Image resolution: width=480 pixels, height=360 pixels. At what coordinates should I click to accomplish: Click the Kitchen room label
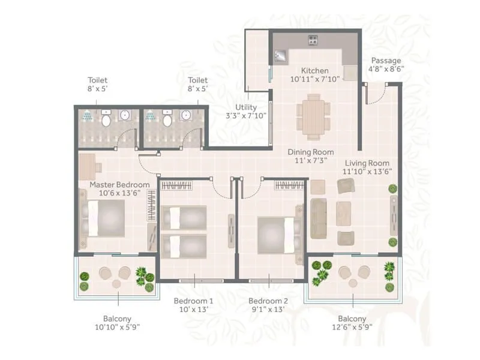(315, 70)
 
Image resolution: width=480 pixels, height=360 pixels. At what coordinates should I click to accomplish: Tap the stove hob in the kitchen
(313, 41)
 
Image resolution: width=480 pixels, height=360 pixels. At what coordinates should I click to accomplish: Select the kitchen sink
(281, 56)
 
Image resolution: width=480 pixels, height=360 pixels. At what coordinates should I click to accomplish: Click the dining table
(313, 115)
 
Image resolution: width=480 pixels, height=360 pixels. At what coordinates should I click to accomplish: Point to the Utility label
(246, 107)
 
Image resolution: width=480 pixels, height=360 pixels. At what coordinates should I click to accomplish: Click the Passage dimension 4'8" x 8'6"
(387, 68)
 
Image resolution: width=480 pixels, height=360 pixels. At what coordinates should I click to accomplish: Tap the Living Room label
(367, 163)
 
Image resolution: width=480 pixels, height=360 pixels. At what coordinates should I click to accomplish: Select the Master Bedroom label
(115, 184)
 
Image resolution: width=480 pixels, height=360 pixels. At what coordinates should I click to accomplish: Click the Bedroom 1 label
(194, 301)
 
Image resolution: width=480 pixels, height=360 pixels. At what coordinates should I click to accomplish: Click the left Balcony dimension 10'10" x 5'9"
(117, 328)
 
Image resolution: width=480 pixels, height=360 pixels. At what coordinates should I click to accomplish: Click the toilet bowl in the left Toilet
(106, 119)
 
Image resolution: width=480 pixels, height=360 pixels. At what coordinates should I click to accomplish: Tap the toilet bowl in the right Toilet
(167, 119)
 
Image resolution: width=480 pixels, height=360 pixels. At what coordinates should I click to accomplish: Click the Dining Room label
(310, 152)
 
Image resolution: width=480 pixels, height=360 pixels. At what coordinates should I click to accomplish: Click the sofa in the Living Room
(318, 212)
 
